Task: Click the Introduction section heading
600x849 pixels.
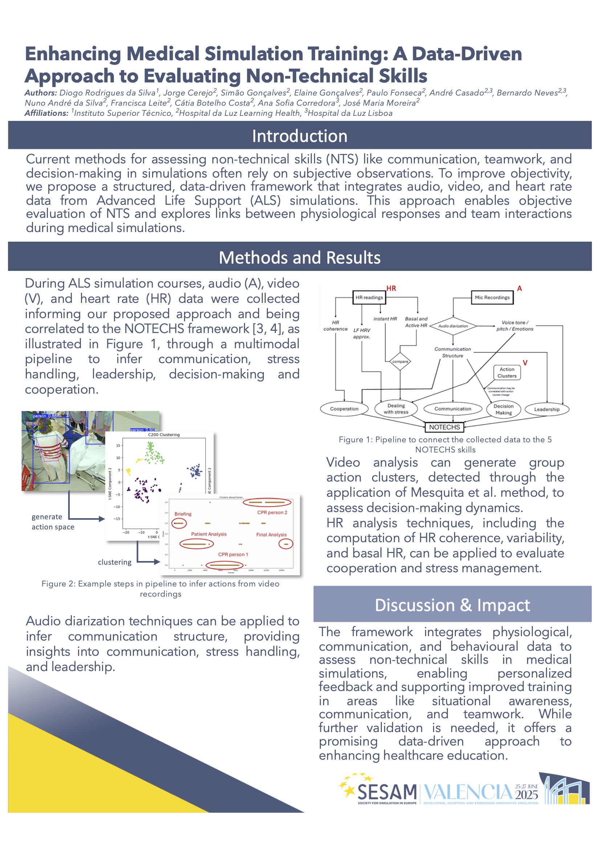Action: click(299, 136)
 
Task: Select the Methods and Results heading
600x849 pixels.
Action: click(299, 257)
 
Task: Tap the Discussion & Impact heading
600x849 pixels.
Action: click(452, 605)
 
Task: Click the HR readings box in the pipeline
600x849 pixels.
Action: click(369, 297)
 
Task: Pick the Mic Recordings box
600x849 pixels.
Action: click(492, 297)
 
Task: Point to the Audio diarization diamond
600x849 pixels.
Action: click(453, 326)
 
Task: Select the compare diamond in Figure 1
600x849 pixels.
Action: click(400, 361)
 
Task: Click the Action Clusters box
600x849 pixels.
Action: click(506, 372)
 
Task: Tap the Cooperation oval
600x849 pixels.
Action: click(344, 409)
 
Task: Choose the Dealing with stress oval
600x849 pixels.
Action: click(396, 409)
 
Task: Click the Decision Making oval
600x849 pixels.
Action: click(503, 409)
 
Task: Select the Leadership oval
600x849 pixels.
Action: click(546, 409)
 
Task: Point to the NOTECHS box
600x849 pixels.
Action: click(444, 427)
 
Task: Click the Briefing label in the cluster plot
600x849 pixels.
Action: click(183, 514)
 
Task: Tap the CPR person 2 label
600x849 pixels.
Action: click(272, 512)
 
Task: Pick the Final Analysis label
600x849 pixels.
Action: click(272, 535)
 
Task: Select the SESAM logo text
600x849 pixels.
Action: click(387, 792)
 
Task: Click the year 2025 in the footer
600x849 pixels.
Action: click(526, 795)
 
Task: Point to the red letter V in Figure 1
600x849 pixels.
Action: click(525, 363)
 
